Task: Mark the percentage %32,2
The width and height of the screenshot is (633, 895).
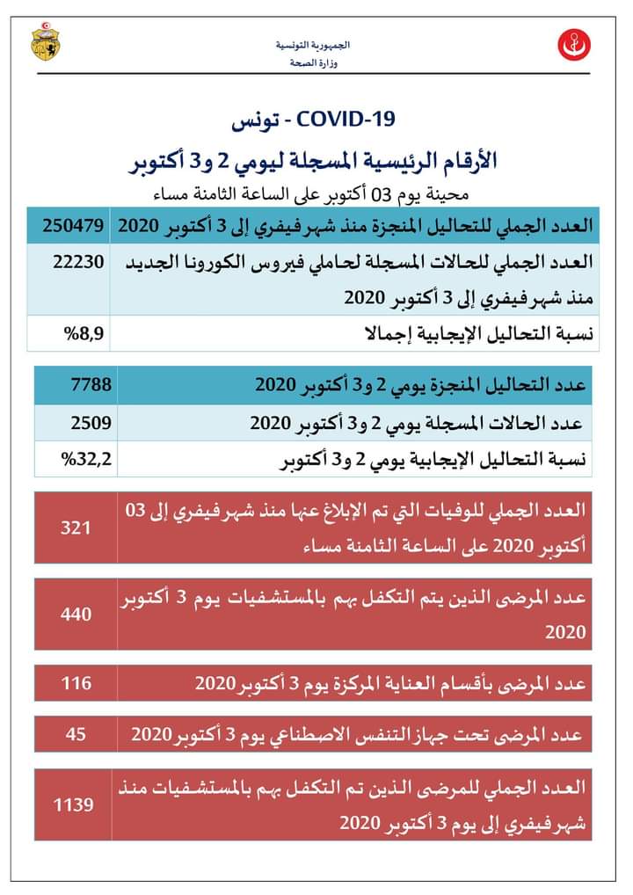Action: pos(84,457)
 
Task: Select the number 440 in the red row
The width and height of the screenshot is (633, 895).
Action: pos(76,614)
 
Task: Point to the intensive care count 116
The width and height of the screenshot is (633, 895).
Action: pos(76,683)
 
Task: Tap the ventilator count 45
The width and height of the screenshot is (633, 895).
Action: pos(76,732)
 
